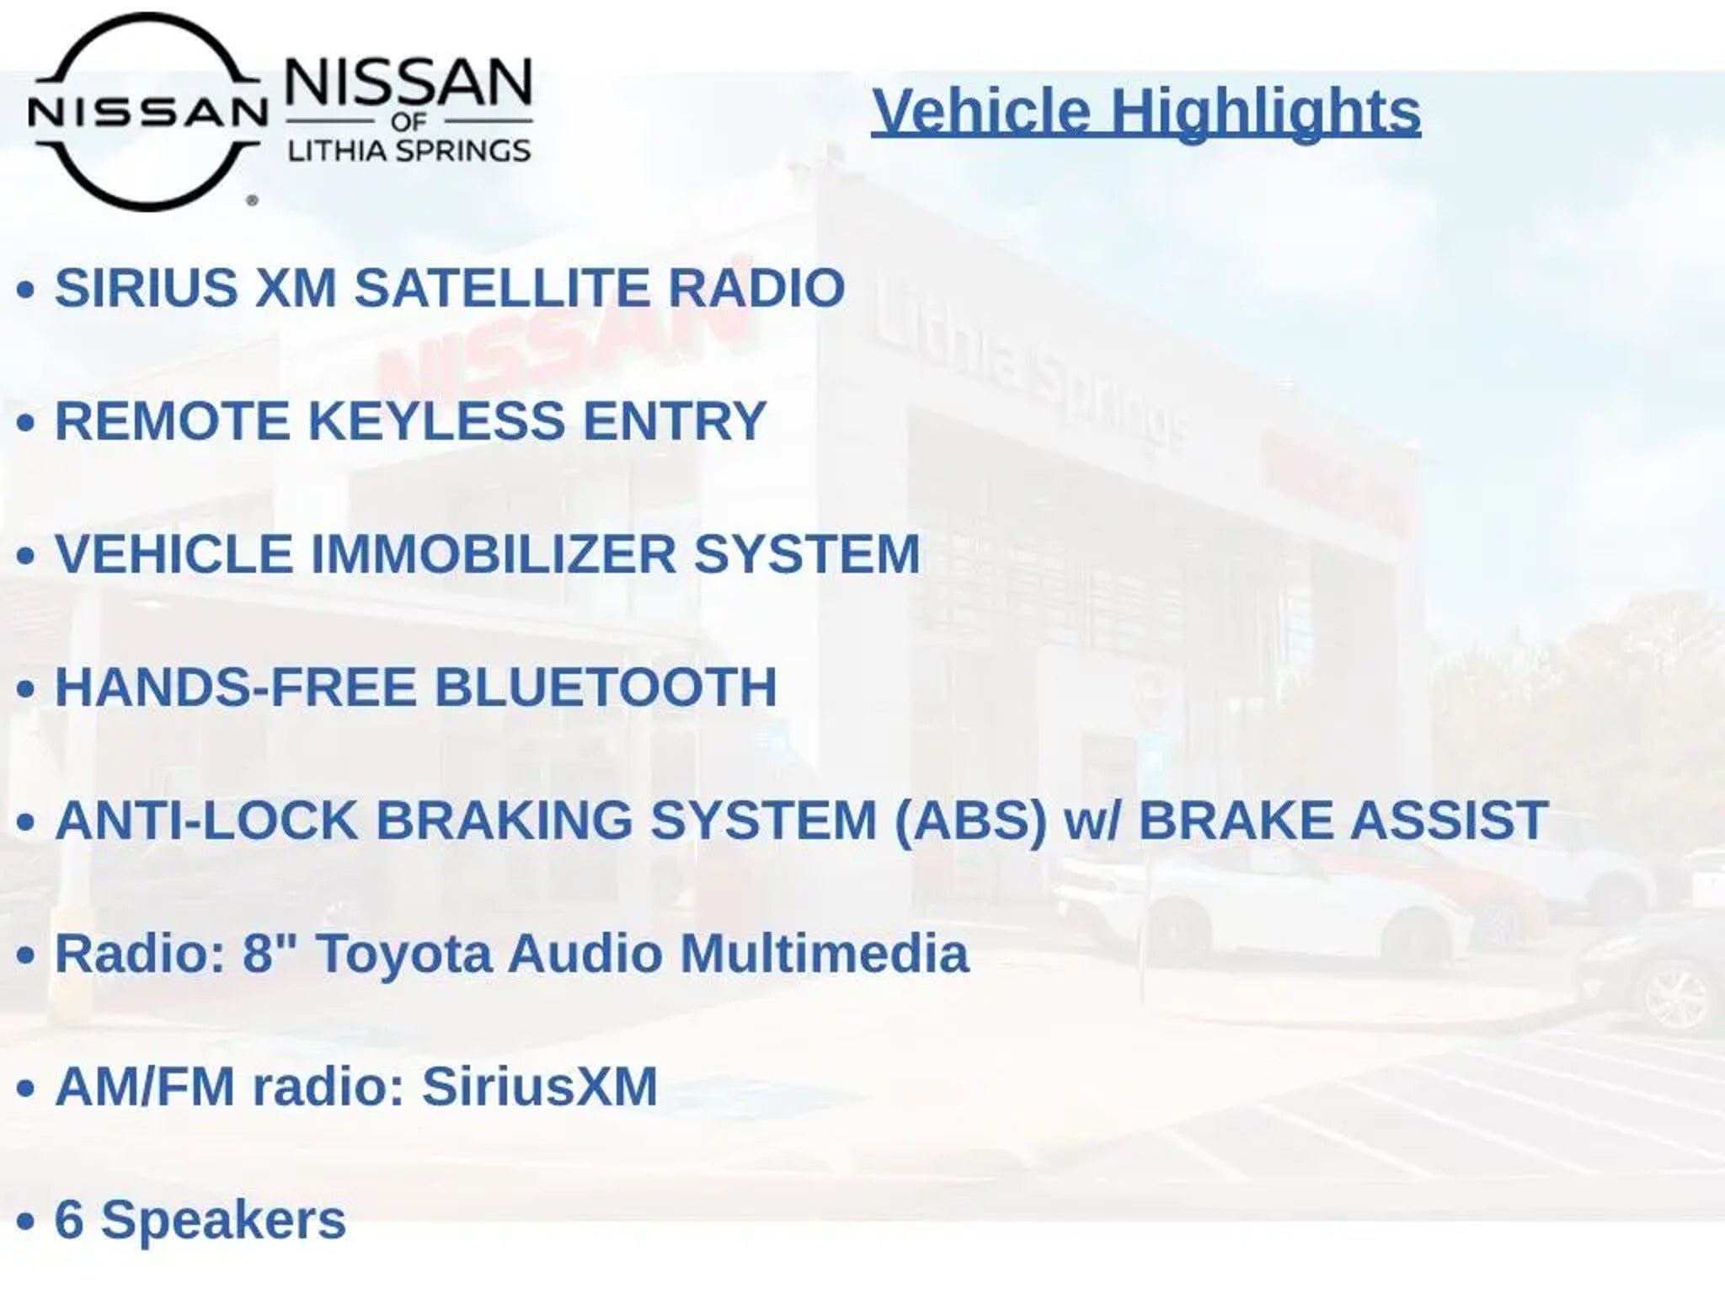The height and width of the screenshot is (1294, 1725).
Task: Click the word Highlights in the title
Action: tap(1266, 112)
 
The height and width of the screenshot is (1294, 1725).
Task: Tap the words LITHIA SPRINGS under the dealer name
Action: tap(409, 151)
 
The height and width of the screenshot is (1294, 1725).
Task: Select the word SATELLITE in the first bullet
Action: tap(502, 287)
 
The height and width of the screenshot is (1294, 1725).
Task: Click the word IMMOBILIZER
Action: tap(494, 553)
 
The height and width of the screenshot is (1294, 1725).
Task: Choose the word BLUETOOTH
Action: tap(606, 687)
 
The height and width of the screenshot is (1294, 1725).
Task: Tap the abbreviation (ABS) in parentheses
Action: tap(970, 820)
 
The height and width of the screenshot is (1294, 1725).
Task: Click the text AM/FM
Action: tap(145, 1086)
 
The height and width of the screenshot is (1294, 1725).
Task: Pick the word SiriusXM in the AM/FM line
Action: tap(539, 1086)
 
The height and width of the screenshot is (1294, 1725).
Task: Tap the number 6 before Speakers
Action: tap(69, 1219)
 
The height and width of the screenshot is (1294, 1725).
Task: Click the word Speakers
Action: tap(223, 1221)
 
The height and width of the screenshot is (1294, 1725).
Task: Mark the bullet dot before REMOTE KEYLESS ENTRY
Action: tap(25, 423)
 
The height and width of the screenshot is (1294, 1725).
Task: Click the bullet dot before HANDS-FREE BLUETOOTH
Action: tap(25, 689)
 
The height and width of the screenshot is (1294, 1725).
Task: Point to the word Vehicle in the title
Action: tap(982, 112)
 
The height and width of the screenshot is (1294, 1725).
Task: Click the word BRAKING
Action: tap(504, 820)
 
